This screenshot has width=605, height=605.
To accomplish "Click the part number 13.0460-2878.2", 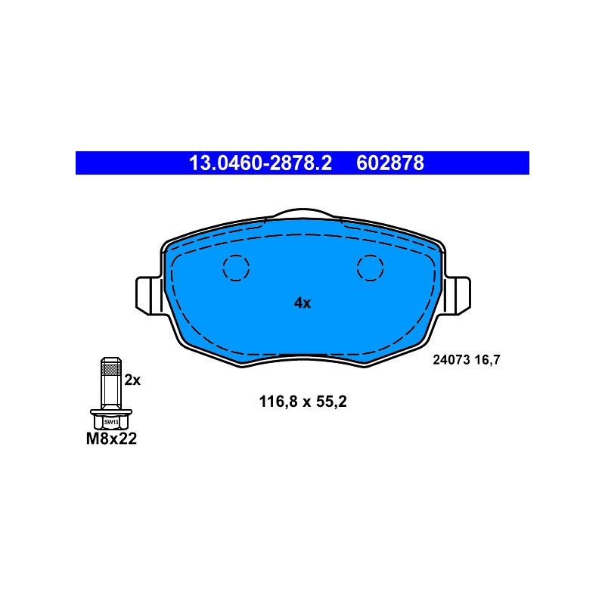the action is (260, 163).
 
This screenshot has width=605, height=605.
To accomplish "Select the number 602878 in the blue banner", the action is (390, 163).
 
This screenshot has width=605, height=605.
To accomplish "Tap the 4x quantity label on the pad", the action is (302, 303).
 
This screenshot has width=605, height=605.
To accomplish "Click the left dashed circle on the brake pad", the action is (236, 268).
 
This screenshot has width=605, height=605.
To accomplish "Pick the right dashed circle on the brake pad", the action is (371, 268).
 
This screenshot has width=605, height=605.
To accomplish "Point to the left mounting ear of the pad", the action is (148, 296).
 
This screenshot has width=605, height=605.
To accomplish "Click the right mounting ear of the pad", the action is (458, 296).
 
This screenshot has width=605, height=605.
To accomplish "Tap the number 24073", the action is (451, 360).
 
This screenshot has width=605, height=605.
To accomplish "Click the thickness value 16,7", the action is (487, 360).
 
